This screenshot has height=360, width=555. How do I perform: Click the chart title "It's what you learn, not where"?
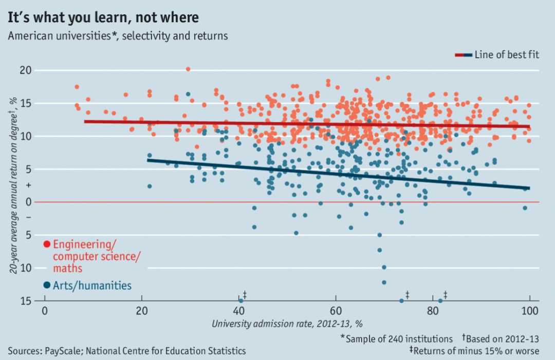pyautogui.click(x=103, y=17)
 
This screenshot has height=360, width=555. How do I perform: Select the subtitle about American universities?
pyautogui.click(x=118, y=36)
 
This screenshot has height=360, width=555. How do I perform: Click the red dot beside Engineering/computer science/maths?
pyautogui.click(x=47, y=244)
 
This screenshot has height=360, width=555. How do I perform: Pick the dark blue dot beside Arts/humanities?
pyautogui.click(x=47, y=285)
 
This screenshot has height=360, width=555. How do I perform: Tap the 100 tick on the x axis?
pyautogui.click(x=529, y=311)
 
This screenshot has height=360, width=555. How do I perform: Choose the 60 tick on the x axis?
pyautogui.click(x=336, y=311)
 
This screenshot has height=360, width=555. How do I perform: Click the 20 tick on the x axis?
pyautogui.click(x=141, y=311)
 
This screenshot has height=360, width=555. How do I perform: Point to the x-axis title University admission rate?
pyautogui.click(x=287, y=324)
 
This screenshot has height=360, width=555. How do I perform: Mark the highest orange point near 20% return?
pyautogui.click(x=188, y=69)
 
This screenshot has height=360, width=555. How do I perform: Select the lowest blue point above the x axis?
pyautogui.click(x=384, y=282)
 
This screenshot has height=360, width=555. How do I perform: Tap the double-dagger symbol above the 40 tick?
pyautogui.click(x=245, y=294)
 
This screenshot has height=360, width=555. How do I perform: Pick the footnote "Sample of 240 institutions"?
pyautogui.click(x=396, y=339)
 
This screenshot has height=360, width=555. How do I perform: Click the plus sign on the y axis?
pyautogui.click(x=28, y=184)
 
